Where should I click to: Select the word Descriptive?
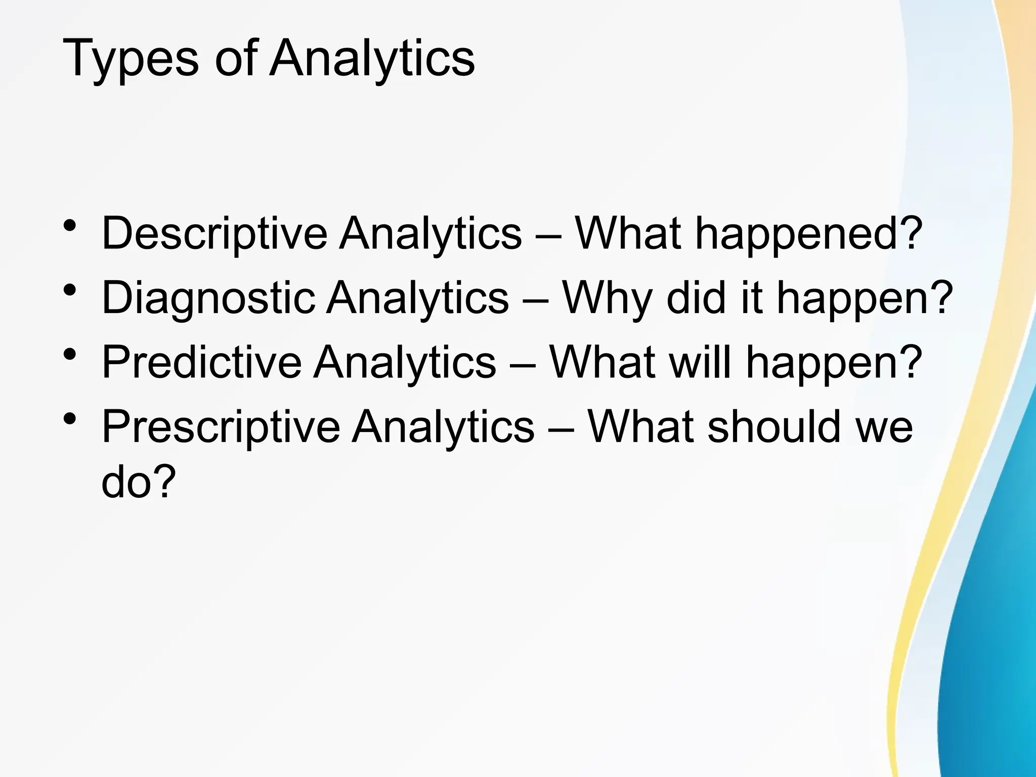pos(214,234)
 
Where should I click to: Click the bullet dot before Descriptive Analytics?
pos(70,226)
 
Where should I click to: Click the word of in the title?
pos(233,59)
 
